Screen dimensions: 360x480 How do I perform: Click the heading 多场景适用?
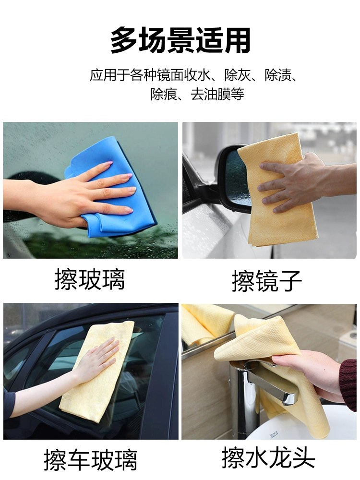click(180, 40)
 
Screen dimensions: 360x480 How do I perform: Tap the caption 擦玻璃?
click(90, 279)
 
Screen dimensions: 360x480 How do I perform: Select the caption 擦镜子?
click(267, 281)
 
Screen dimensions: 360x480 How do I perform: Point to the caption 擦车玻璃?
click(90, 460)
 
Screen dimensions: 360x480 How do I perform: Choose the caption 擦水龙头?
click(268, 457)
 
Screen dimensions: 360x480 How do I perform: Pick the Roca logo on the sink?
click(274, 434)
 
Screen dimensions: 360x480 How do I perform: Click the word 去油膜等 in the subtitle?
click(217, 94)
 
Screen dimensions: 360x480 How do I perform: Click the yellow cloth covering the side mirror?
click(276, 190)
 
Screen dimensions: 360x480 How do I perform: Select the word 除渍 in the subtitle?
click(278, 76)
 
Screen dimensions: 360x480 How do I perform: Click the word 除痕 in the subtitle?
click(164, 94)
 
